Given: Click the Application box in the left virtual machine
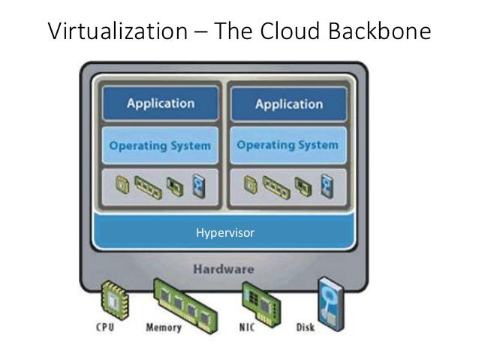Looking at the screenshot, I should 159,104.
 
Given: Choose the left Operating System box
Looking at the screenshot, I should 159,145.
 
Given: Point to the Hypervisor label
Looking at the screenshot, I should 225,234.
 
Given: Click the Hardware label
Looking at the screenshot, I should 224,268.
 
